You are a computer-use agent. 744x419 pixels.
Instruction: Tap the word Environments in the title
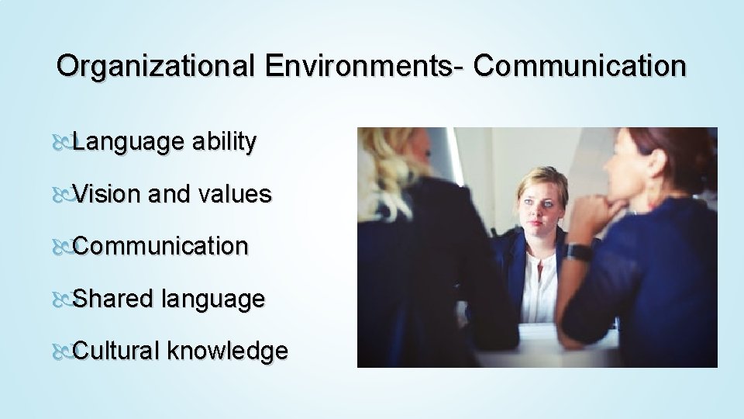(x=360, y=66)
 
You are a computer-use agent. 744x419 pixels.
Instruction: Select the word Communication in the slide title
(x=580, y=66)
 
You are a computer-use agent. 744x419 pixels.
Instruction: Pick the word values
(x=235, y=194)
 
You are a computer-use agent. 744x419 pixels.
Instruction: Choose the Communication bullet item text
(x=161, y=246)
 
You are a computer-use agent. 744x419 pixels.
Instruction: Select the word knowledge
(x=228, y=351)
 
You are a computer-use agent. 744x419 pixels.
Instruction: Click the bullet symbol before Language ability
(x=65, y=143)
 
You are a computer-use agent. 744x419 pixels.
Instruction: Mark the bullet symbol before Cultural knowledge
(x=65, y=351)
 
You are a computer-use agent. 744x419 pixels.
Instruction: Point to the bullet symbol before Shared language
(x=65, y=300)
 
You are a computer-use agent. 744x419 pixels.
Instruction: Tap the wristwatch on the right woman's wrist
(x=577, y=252)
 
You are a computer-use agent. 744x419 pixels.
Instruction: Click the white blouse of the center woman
(x=538, y=287)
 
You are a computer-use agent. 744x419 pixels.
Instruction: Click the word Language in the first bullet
(x=128, y=142)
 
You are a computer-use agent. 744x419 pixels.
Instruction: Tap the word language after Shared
(x=213, y=300)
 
